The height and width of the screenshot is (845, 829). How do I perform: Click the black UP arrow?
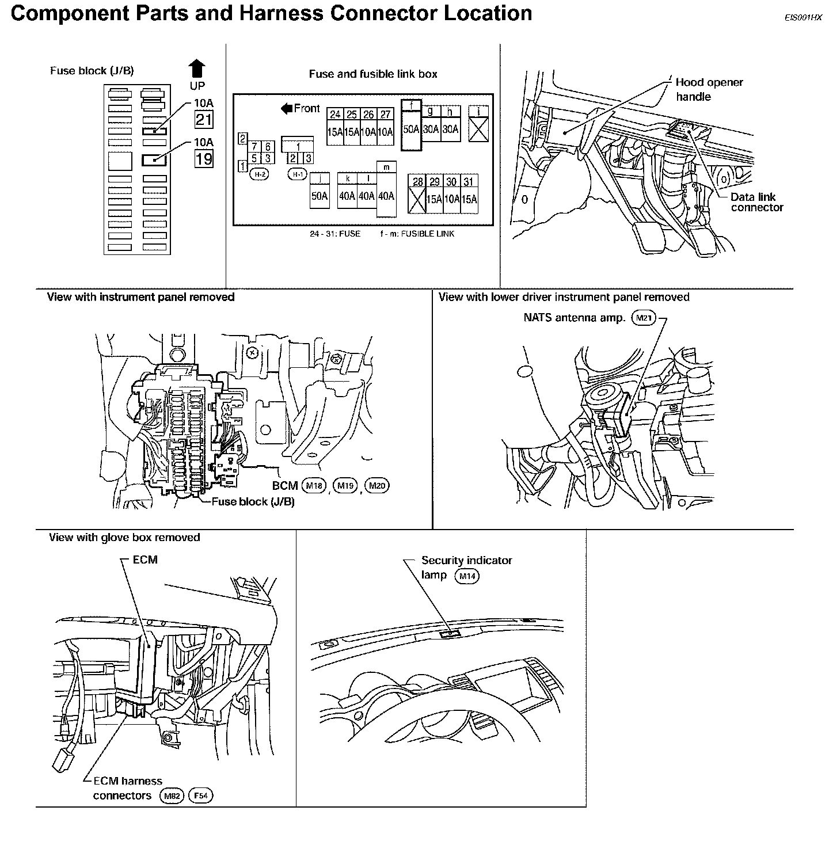click(x=197, y=68)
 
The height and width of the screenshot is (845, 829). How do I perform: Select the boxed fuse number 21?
click(x=204, y=120)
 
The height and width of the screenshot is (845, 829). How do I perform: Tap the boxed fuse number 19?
click(x=204, y=158)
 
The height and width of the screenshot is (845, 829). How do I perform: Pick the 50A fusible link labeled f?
click(x=410, y=129)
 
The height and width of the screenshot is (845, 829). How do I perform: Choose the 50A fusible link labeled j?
click(x=319, y=196)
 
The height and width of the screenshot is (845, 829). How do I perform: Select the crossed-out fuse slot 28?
click(x=417, y=199)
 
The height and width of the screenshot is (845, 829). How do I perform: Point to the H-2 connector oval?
click(x=260, y=175)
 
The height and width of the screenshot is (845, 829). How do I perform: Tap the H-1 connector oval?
click(x=297, y=175)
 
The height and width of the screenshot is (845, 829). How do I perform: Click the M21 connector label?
click(x=643, y=317)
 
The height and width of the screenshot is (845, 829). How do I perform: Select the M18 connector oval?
click(x=314, y=486)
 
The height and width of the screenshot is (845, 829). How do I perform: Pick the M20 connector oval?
click(x=377, y=486)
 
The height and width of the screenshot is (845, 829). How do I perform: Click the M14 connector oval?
click(x=466, y=576)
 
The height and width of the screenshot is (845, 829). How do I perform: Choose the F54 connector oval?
click(x=200, y=796)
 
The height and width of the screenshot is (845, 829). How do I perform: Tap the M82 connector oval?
click(x=171, y=796)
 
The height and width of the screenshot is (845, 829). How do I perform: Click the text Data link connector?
click(x=756, y=202)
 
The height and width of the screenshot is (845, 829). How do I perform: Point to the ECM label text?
click(x=144, y=559)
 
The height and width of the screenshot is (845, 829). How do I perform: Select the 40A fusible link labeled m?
click(x=386, y=196)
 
